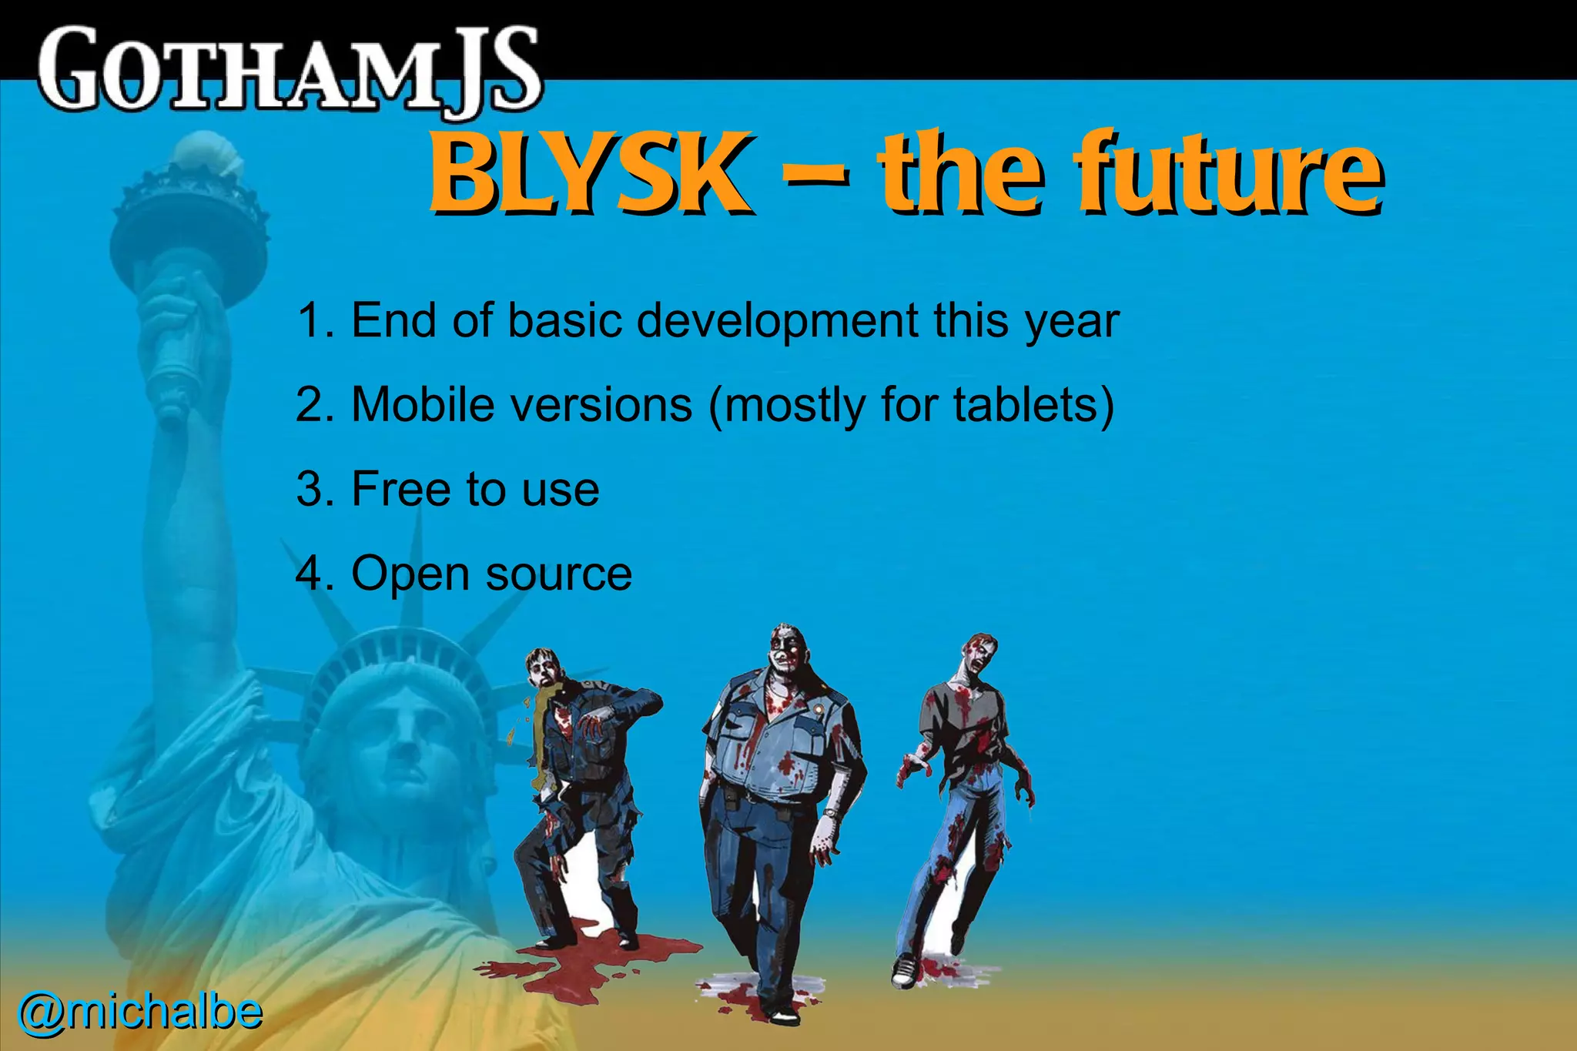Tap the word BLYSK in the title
coord(590,172)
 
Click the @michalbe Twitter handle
coord(140,1012)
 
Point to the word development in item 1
coord(777,320)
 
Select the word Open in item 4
coord(410,574)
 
